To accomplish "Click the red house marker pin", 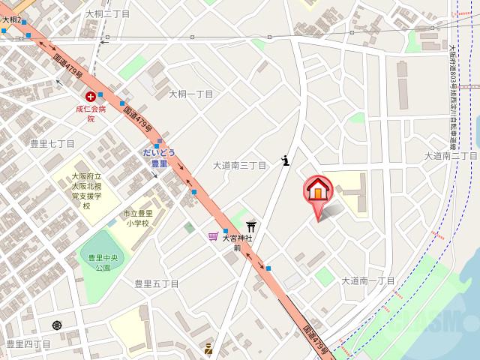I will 316,190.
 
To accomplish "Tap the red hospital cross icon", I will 91,96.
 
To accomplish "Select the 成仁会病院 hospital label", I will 91,113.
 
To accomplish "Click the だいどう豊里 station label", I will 159,157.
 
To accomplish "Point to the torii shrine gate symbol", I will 252,226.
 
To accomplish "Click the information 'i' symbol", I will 286,159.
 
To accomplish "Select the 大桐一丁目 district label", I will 190,94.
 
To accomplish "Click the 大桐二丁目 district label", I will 107,13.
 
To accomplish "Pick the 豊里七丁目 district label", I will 52,142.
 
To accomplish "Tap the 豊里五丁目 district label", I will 156,283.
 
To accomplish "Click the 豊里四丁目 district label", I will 28,343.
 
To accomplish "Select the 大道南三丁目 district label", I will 240,165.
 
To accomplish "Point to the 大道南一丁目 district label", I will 368,280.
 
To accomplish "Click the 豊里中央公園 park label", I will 98,262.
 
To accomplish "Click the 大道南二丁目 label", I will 451,155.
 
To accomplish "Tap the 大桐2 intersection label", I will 11,19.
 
